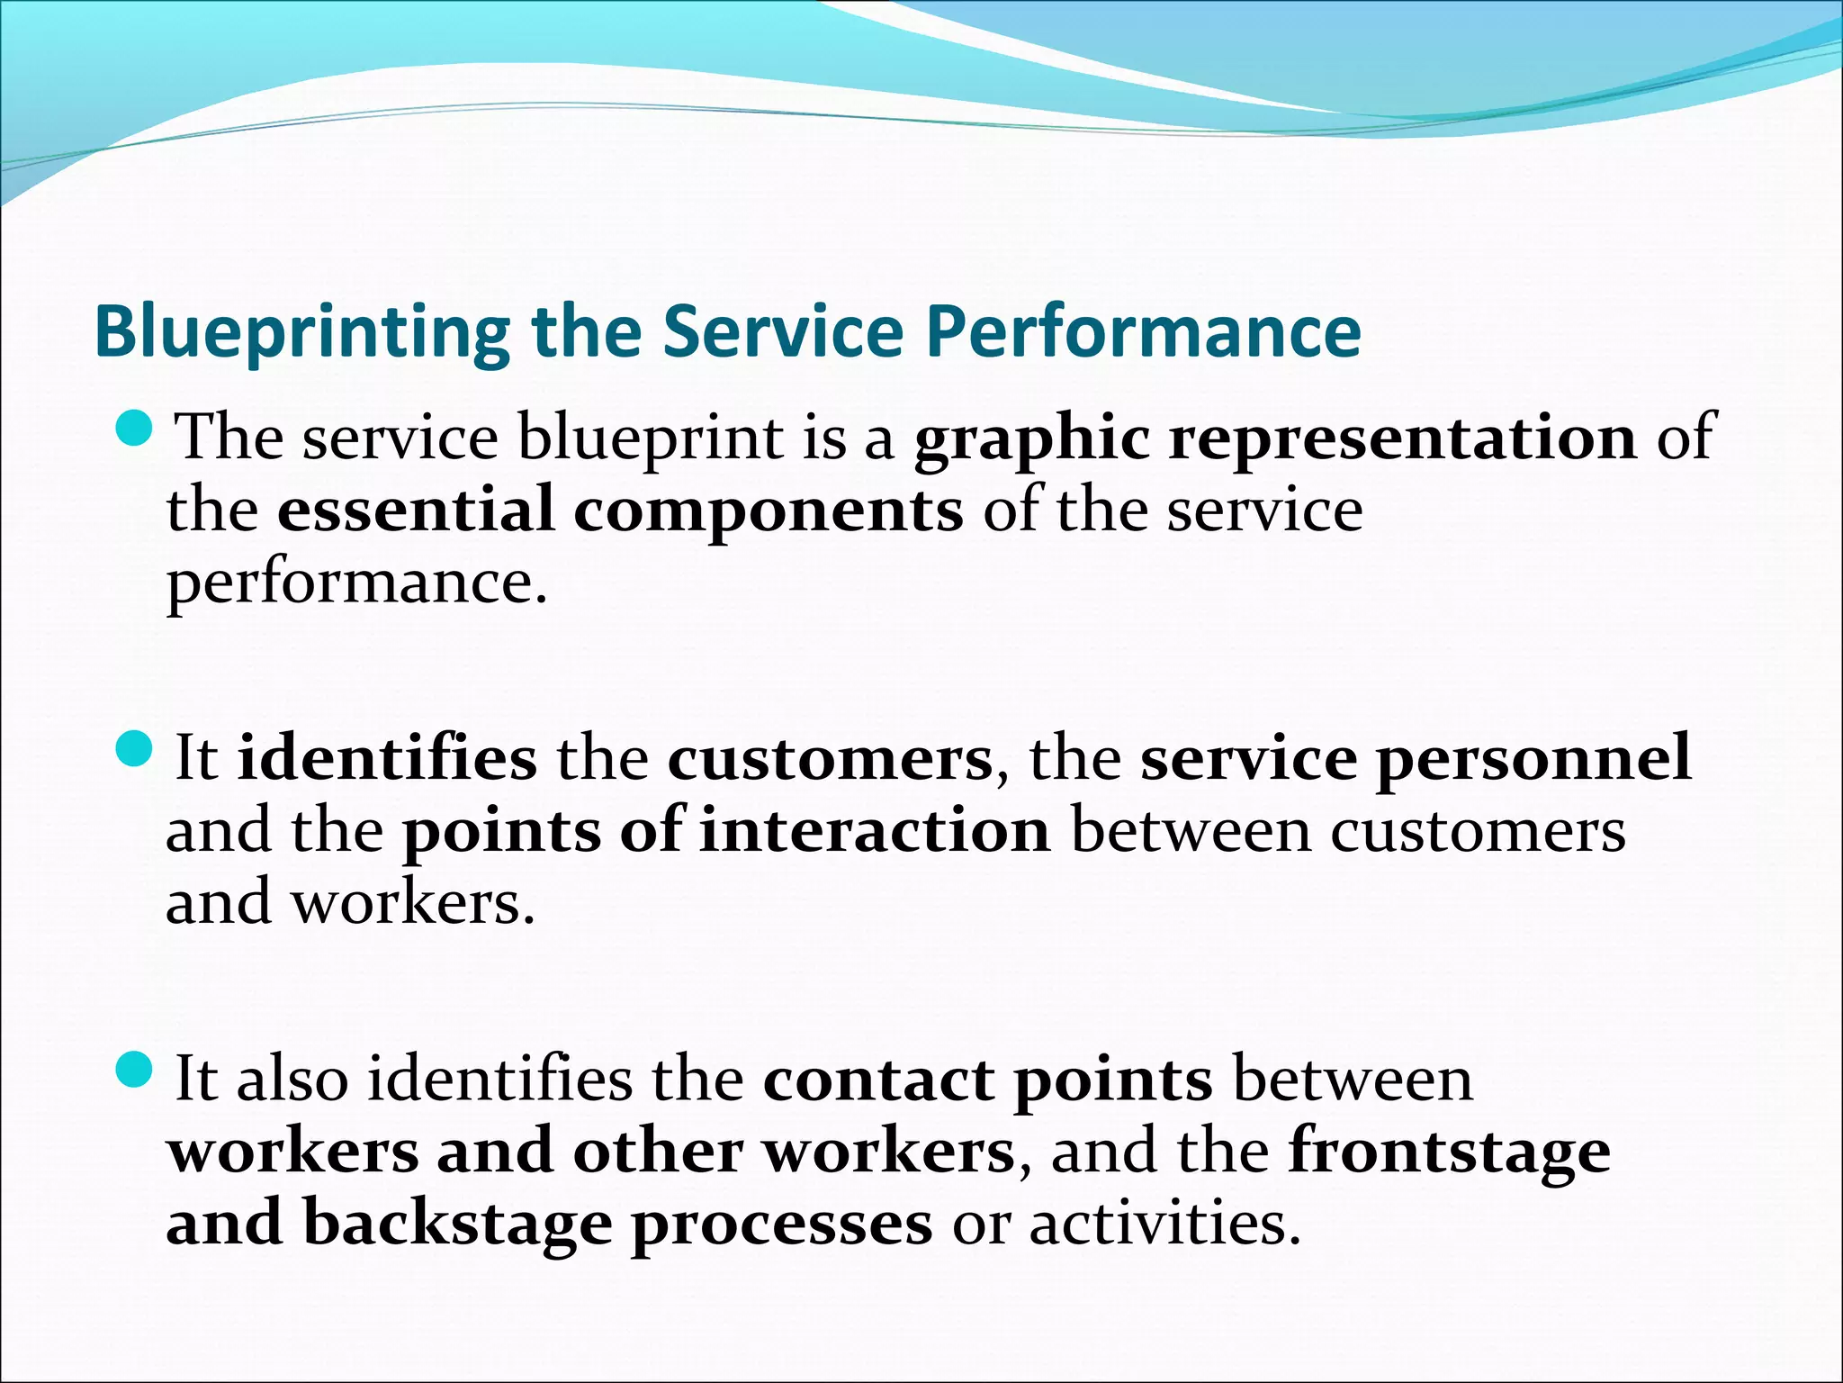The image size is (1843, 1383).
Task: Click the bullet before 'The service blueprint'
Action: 137,429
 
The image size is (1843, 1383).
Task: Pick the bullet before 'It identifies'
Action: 137,749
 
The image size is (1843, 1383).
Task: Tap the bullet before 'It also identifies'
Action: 137,1070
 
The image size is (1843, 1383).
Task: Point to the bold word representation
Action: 1402,438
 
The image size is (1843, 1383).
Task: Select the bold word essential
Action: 415,511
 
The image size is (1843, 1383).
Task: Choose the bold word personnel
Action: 1533,760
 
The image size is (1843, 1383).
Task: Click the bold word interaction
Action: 875,830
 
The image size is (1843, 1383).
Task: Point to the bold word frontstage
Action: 1449,1153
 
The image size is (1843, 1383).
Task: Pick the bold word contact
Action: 877,1080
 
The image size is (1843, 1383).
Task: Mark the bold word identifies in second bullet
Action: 387,758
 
